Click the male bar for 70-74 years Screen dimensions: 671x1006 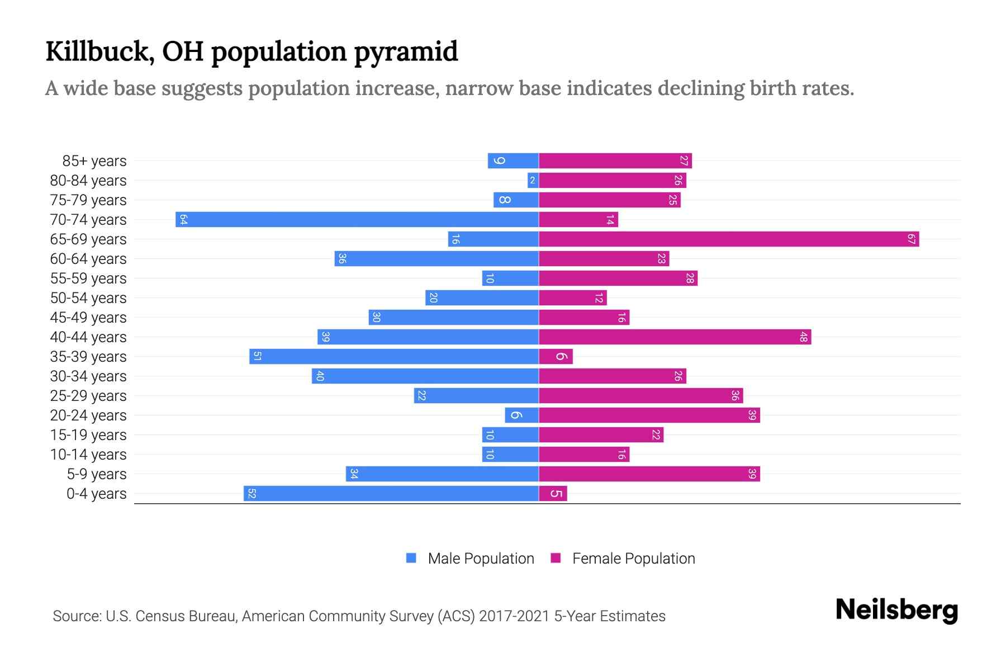358,219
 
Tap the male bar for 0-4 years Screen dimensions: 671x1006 391,493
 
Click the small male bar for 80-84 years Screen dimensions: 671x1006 533,180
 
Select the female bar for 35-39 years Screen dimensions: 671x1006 556,357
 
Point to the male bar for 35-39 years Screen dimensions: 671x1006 394,357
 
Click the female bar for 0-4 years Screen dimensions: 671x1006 553,493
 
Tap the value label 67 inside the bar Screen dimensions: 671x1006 911,239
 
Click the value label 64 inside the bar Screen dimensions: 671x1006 183,219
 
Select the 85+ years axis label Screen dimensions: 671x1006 94,161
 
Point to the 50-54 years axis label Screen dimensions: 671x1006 88,298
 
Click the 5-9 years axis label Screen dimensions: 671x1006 96,474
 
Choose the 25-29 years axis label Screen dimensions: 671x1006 88,396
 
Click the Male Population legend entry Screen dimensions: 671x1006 480,558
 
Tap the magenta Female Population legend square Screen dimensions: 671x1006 556,558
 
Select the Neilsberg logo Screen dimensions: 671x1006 896,609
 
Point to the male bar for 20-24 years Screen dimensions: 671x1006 521,415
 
